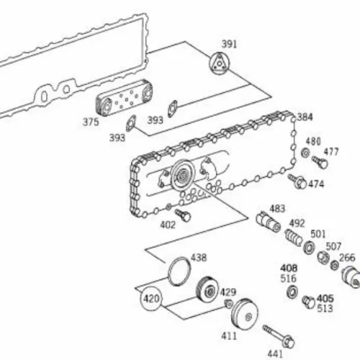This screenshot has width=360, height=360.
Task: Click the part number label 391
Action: pyautogui.click(x=229, y=44)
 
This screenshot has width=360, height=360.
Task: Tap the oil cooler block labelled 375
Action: pyautogui.click(x=124, y=97)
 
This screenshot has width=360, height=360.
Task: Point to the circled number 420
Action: pyautogui.click(x=151, y=299)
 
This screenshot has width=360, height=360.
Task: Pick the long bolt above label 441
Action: pyautogui.click(x=279, y=336)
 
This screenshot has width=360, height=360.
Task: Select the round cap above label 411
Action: pyautogui.click(x=245, y=315)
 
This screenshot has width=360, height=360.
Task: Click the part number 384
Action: pyautogui.click(x=305, y=117)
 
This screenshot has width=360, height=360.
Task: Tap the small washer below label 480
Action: pyautogui.click(x=305, y=153)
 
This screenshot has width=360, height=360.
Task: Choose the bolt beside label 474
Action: pyautogui.click(x=297, y=181)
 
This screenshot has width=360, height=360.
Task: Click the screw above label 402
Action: pyautogui.click(x=183, y=215)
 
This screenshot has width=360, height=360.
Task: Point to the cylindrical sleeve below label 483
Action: pyautogui.click(x=268, y=222)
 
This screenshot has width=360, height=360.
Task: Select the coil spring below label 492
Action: pyautogui.click(x=293, y=238)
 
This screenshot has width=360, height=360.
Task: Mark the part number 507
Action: pyautogui.click(x=333, y=246)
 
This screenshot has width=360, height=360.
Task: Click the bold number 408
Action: pyautogui.click(x=289, y=268)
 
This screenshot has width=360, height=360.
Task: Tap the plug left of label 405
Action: pyautogui.click(x=309, y=302)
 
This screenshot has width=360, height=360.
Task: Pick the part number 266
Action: pyautogui.click(x=347, y=258)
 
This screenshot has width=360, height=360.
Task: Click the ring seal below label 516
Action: pyautogui.click(x=292, y=292)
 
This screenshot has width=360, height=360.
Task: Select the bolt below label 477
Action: pyautogui.click(x=320, y=162)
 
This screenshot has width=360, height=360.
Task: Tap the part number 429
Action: pyautogui.click(x=228, y=292)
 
